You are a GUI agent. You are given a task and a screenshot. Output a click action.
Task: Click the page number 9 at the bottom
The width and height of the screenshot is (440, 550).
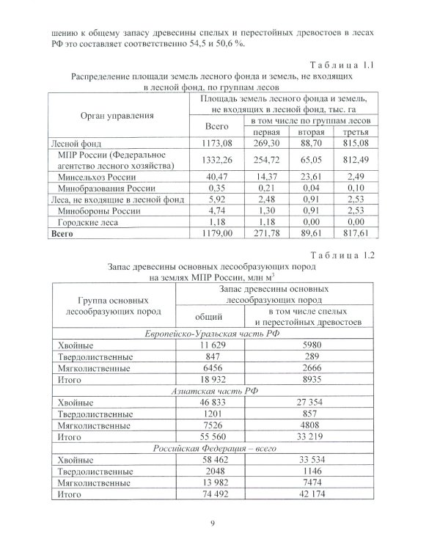pyautogui.click(x=222, y=523)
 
